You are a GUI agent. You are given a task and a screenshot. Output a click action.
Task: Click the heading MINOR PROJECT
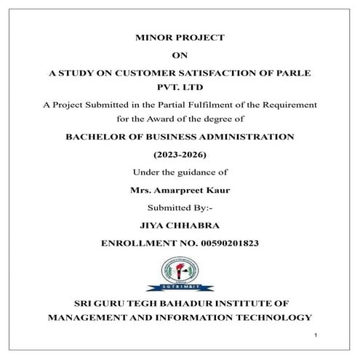tap(180, 36)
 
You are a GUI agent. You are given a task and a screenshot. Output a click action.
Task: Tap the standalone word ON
tap(180, 55)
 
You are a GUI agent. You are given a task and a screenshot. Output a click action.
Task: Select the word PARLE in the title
tap(289, 73)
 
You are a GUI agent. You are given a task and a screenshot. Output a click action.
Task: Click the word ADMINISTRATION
tap(241, 136)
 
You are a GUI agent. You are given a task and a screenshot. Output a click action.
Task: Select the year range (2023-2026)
tap(180, 155)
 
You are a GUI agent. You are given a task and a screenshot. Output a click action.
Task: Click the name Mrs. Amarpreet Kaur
tap(180, 192)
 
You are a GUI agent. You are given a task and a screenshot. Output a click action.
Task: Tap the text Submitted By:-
tap(180, 210)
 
